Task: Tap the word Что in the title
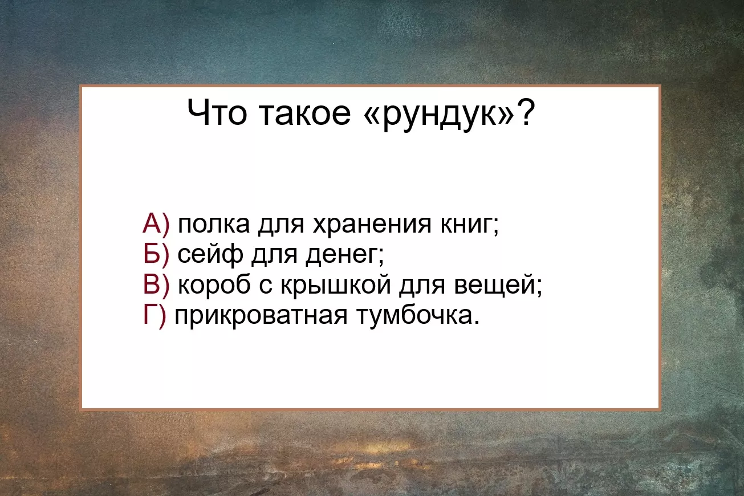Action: pyautogui.click(x=217, y=112)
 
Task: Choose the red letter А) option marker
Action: pyautogui.click(x=156, y=224)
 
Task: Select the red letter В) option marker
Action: pyautogui.click(x=156, y=285)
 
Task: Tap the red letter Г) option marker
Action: pyautogui.click(x=155, y=316)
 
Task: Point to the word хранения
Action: pyautogui.click(x=372, y=226)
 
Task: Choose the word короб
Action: pyautogui.click(x=214, y=285)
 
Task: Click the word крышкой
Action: pyautogui.click(x=336, y=286)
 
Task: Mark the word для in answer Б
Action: pyautogui.click(x=274, y=256)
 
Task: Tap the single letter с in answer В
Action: pyautogui.click(x=265, y=286)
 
